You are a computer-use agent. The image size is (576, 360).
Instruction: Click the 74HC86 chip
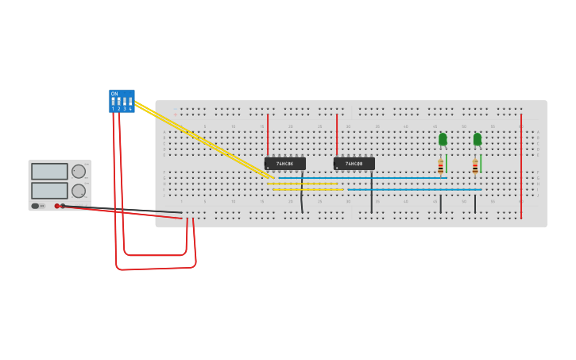tap(284, 164)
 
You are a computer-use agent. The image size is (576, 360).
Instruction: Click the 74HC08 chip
tap(354, 164)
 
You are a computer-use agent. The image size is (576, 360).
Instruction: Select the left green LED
tap(443, 139)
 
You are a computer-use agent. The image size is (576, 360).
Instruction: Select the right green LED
tap(477, 139)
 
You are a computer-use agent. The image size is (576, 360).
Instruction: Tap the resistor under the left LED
tap(440, 167)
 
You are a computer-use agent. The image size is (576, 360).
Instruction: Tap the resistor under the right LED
tap(475, 167)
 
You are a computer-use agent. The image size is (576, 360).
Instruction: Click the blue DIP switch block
tap(122, 101)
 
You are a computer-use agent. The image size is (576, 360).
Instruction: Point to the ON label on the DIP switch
tap(114, 94)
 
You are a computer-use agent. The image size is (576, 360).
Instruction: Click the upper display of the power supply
tap(49, 172)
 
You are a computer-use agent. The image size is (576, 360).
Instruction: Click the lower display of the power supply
tap(49, 191)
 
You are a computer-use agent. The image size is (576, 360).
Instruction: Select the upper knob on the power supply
tap(79, 171)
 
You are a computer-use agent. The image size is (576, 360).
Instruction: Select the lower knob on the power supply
tap(79, 191)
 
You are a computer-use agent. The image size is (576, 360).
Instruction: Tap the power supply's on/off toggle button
tap(36, 206)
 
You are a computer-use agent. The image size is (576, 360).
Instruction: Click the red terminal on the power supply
tap(57, 206)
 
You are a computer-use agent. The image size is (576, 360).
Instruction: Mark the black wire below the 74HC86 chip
tap(302, 195)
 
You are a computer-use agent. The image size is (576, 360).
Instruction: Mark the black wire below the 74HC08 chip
tap(371, 195)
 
